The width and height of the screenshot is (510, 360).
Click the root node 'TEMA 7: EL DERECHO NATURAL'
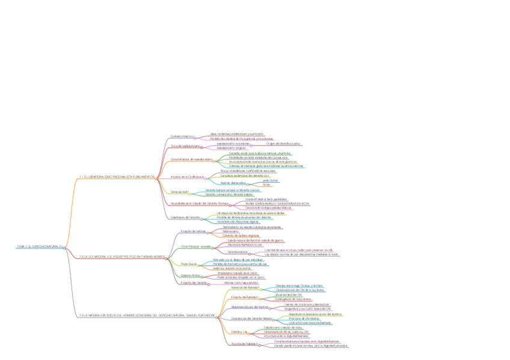[x=39, y=246]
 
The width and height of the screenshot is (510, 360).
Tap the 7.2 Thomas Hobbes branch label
[x=121, y=257]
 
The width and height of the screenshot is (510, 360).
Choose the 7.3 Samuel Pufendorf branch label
[x=146, y=315]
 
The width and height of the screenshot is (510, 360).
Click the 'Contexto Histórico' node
[x=183, y=136]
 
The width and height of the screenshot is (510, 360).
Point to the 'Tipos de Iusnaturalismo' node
[x=185, y=145]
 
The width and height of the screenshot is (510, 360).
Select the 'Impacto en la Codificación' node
[x=188, y=177]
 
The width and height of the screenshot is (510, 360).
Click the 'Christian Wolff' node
[x=180, y=192]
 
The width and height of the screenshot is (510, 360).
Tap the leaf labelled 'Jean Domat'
[x=270, y=180]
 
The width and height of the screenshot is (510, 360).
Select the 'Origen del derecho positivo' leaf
[x=283, y=144]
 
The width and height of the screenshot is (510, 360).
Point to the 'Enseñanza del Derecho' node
[x=185, y=217]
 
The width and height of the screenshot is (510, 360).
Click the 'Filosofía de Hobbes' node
[x=193, y=231]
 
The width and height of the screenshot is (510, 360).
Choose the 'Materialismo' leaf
[x=231, y=231]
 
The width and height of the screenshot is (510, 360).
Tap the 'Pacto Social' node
[x=189, y=264]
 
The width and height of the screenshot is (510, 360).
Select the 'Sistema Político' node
[x=191, y=275]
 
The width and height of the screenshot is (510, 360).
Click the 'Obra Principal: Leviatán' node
[x=195, y=246]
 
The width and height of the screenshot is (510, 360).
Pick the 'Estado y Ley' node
[x=239, y=331]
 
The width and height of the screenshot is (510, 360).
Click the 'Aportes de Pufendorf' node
[x=244, y=344]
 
